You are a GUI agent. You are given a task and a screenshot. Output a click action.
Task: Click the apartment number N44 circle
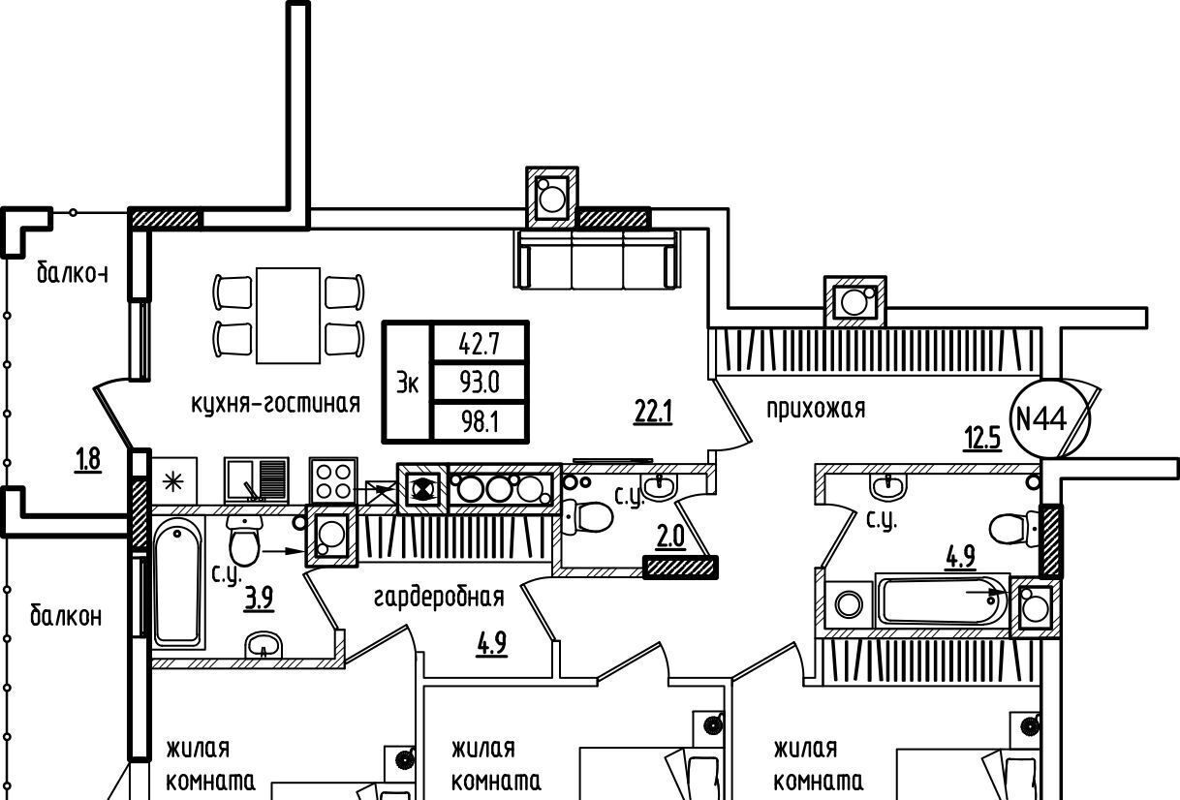(1040, 419)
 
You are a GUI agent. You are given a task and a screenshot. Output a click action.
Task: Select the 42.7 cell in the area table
(479, 343)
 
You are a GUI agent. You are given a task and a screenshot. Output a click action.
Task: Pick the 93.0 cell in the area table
(479, 382)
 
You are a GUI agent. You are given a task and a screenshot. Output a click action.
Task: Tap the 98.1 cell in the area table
(479, 420)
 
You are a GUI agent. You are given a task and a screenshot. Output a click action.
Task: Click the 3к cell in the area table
(407, 383)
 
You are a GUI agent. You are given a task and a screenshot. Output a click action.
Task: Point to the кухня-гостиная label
(276, 403)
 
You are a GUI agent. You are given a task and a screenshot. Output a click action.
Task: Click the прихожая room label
(815, 409)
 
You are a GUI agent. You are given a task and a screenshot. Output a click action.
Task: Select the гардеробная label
(438, 597)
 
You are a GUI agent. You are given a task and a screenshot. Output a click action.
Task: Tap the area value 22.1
(653, 414)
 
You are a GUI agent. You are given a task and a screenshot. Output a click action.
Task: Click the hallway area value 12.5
(980, 441)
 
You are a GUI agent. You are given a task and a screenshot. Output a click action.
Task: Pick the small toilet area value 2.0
(670, 537)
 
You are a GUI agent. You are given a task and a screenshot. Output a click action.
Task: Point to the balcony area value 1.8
(87, 460)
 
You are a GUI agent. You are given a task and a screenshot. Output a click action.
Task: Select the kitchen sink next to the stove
(257, 479)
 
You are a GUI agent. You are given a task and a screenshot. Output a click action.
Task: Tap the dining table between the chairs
(288, 315)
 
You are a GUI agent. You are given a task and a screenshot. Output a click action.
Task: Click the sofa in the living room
(597, 259)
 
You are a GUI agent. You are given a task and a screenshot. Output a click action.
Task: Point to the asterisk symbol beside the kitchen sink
(173, 480)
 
